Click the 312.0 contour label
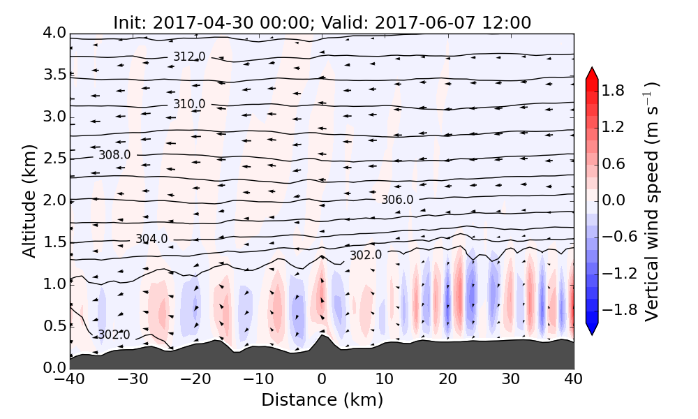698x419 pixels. [x=188, y=56]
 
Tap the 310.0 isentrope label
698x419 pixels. [x=189, y=104]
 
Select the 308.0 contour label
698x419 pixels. [x=114, y=154]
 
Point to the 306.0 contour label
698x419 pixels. [x=397, y=200]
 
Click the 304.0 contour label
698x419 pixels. [x=151, y=239]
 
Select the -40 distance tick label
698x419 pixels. [x=70, y=381]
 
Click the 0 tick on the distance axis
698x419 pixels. [x=322, y=381]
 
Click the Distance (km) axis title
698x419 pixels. [x=322, y=400]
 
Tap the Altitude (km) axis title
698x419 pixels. [x=29, y=200]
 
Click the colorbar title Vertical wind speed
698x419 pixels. [x=651, y=201]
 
